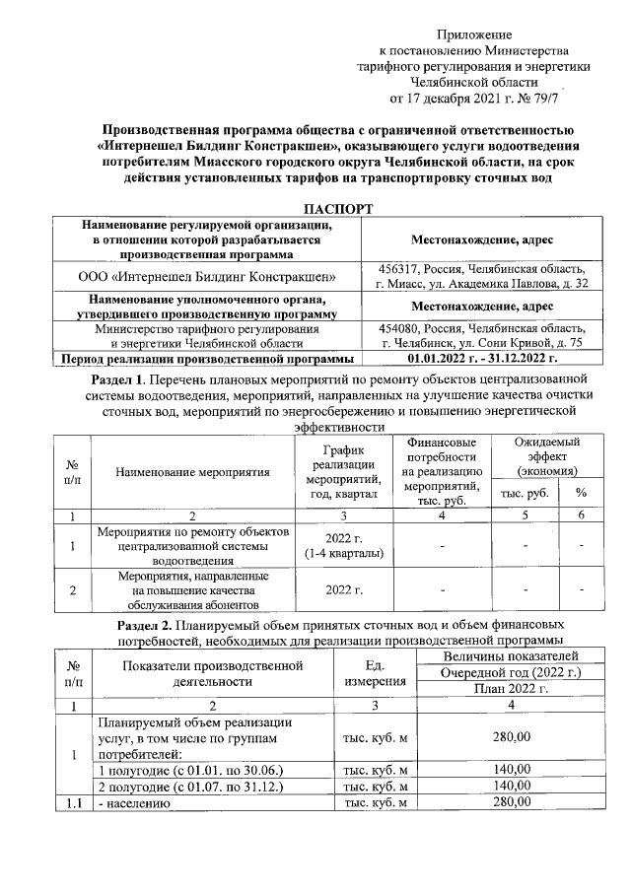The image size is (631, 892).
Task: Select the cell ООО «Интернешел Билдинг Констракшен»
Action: click(208, 277)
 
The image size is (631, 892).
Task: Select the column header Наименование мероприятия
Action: click(192, 472)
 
